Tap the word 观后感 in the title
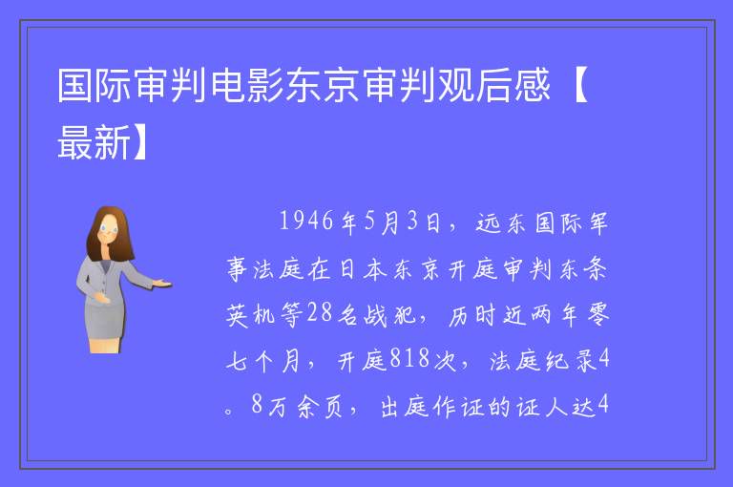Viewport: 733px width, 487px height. pyautogui.click(x=493, y=86)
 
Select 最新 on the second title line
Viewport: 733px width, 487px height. pyautogui.click(x=94, y=142)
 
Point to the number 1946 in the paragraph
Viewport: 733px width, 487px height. pyautogui.click(x=306, y=221)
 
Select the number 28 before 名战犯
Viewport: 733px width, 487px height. pyautogui.click(x=320, y=312)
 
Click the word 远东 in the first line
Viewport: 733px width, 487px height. pyautogui.click(x=501, y=222)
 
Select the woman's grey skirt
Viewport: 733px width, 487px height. pyautogui.click(x=105, y=321)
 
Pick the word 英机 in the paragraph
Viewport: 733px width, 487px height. pyautogui.click(x=252, y=314)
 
